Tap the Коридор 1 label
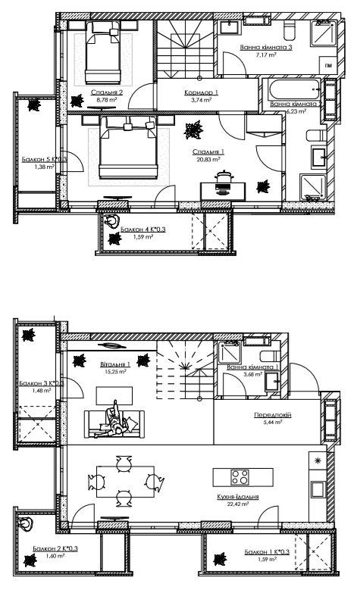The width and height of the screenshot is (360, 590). point(201,92)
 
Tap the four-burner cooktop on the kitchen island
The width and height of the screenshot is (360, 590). point(240,477)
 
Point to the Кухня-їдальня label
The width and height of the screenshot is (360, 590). point(239,498)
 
